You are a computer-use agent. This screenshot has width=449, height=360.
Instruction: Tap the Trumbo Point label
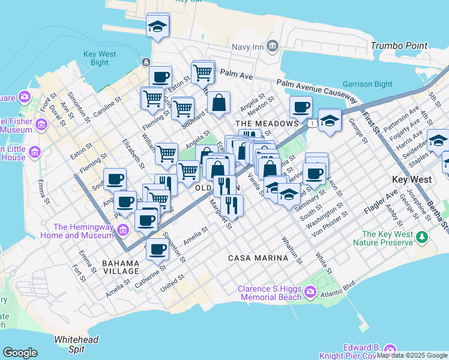pyautogui.click(x=399, y=46)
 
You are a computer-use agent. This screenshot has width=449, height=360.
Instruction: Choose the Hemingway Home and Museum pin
pyautogui.click(x=122, y=230)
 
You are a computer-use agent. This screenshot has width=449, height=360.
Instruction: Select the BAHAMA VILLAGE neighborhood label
pyautogui.click(x=121, y=263)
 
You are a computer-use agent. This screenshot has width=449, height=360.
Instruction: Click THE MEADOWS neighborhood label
pyautogui.click(x=263, y=124)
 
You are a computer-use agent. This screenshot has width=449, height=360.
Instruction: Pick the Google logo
pyautogui.click(x=20, y=353)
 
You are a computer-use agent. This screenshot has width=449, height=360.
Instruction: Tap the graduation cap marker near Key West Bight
pyautogui.click(x=158, y=26)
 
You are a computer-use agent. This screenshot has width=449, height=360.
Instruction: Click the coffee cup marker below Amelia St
pyautogui.click(x=157, y=249)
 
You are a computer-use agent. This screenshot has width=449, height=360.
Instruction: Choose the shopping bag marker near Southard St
pyautogui.click(x=220, y=103)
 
